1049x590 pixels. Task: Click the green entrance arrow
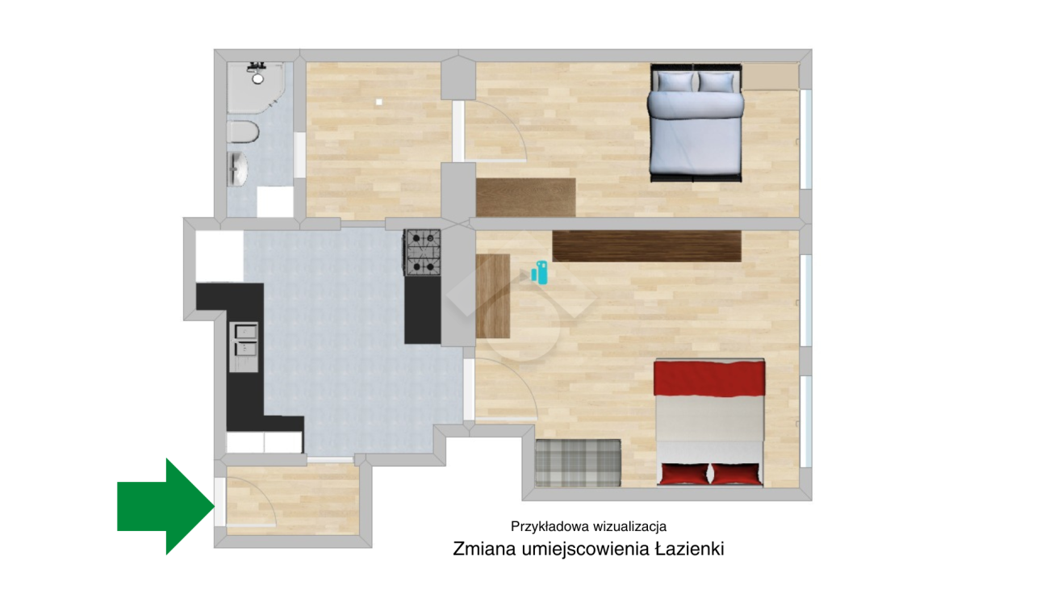pos(166,506)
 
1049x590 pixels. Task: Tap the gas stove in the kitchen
pos(424,253)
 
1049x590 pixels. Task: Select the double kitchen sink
pos(244,347)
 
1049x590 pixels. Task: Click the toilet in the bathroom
pos(243,132)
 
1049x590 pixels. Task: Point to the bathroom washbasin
pos(238,168)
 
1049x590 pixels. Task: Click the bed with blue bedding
pos(696,123)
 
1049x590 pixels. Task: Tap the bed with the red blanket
pos(709,422)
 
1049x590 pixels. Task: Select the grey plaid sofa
pos(579,462)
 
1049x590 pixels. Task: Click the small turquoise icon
pos(540,273)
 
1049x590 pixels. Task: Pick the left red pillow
pos(683,474)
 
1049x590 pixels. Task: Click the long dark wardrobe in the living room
pos(646,246)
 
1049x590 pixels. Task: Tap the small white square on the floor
pos(379,102)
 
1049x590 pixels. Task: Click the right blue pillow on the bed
pos(716,82)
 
